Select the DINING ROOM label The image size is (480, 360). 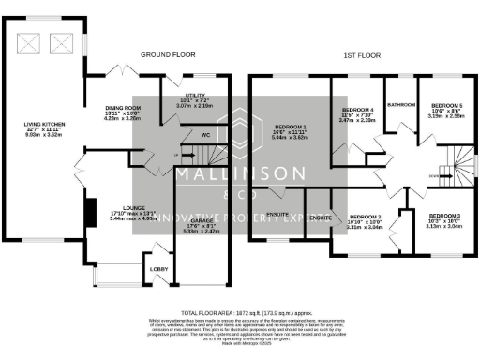[122, 108]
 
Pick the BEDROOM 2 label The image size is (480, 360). [365, 216]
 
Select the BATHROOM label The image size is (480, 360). [402, 104]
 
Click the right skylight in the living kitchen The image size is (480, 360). [62, 41]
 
